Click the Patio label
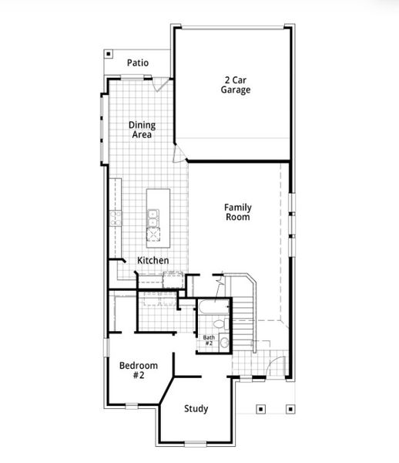(x=138, y=63)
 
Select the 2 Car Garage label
(x=237, y=84)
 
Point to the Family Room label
(x=237, y=212)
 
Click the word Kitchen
(x=153, y=261)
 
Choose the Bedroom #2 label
(x=139, y=370)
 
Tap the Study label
(x=196, y=409)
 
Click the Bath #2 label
(x=209, y=340)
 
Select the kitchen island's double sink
(x=153, y=212)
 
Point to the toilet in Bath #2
(x=219, y=323)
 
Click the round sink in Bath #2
(x=223, y=342)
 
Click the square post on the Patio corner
(x=109, y=54)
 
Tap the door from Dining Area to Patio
(x=157, y=86)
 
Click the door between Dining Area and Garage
(x=179, y=156)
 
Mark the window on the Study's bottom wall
(x=195, y=443)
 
